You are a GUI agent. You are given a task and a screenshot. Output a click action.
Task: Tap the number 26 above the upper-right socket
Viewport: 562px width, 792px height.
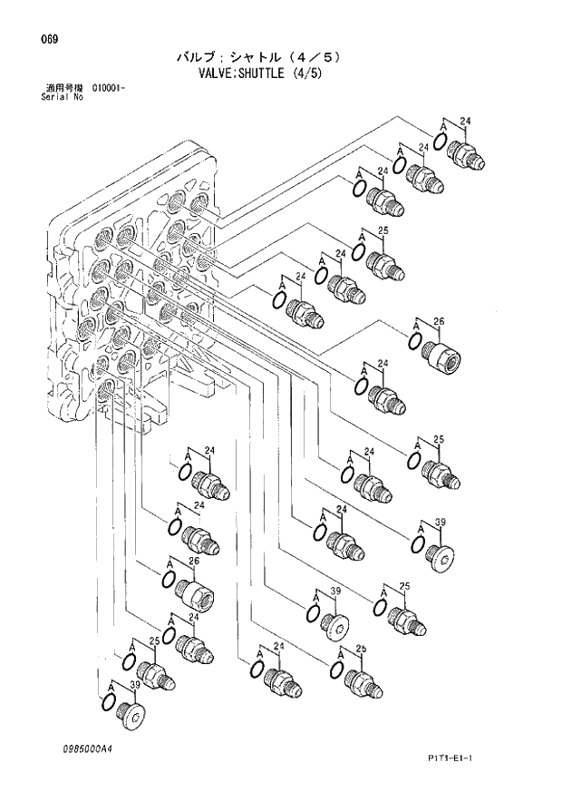(x=440, y=322)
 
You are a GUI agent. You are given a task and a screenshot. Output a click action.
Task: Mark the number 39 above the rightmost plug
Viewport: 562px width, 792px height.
(x=441, y=523)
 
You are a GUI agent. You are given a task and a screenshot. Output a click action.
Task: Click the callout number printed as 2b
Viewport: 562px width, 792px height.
(x=361, y=650)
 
